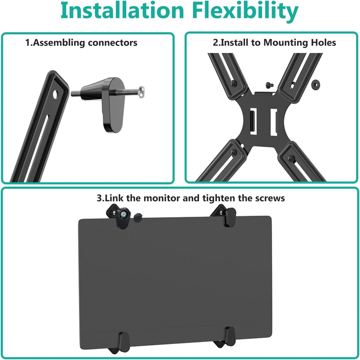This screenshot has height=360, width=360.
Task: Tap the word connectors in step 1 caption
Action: (x=112, y=43)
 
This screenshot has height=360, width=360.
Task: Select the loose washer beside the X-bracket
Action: (x=315, y=84)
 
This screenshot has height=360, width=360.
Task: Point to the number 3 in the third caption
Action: (x=99, y=198)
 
